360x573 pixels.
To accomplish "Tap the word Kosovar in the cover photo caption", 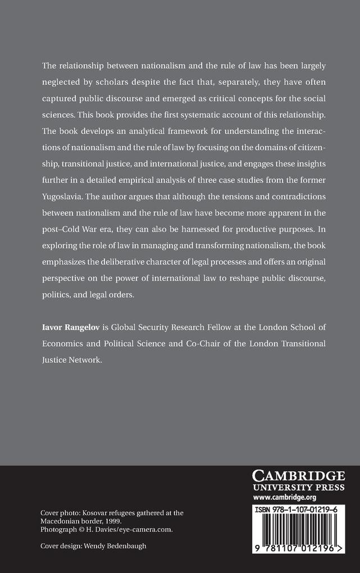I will [97, 513].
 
